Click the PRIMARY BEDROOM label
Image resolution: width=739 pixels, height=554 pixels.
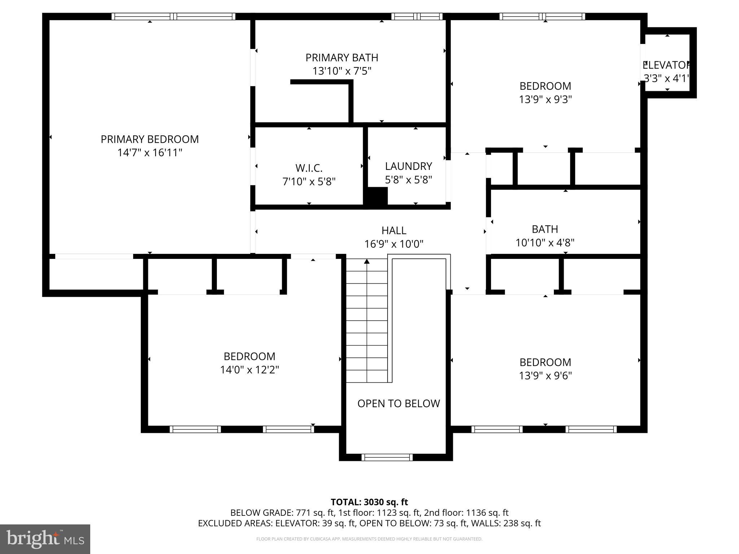pos(149,139)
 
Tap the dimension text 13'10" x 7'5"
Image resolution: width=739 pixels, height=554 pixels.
pos(342,71)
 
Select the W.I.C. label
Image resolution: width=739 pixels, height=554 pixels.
pos(309,168)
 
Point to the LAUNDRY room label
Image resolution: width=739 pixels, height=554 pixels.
pos(408,166)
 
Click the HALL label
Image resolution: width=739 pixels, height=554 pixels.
pos(394,230)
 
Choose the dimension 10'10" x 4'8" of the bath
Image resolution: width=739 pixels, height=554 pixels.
pos(545,243)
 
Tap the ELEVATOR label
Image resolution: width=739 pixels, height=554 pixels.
pos(666,65)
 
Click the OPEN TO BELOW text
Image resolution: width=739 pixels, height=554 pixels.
pos(398,404)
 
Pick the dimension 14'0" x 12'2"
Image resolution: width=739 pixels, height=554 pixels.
pos(249,370)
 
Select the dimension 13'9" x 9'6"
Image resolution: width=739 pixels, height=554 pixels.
pos(545,376)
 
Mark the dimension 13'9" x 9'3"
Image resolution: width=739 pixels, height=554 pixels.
pos(545,100)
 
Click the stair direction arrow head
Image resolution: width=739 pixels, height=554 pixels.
pos(367,261)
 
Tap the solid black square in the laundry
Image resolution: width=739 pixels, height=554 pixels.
pos(377,196)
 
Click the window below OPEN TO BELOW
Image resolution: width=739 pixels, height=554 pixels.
pos(387,457)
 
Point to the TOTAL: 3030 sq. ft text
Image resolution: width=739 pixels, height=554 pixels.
pos(369,502)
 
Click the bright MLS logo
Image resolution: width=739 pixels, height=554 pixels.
pos(45,539)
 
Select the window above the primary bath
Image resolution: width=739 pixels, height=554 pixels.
pos(417,16)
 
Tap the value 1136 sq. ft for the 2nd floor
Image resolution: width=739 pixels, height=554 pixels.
pos(487,513)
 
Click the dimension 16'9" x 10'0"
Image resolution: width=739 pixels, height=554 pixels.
pos(394,244)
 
